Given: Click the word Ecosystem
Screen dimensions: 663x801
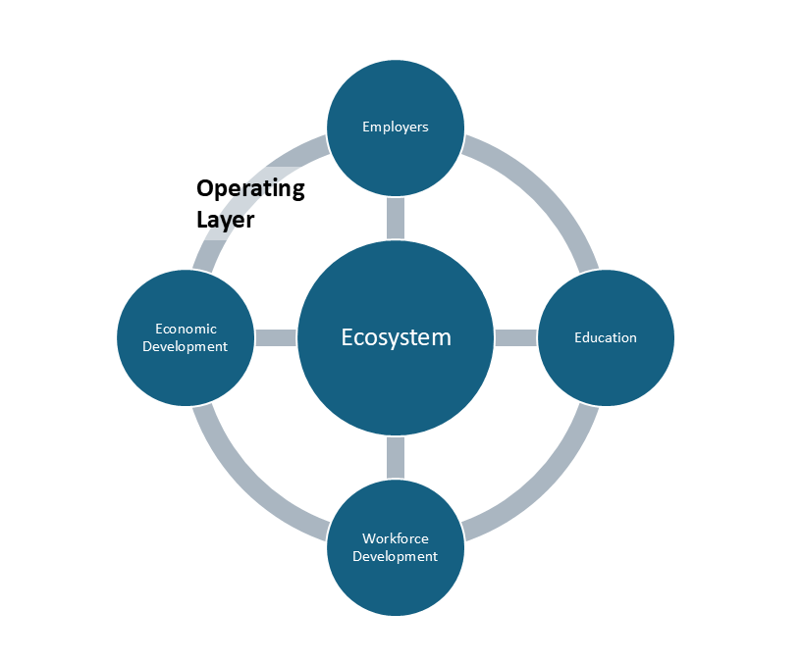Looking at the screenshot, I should pos(396,337).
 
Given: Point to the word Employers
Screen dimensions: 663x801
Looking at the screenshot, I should pos(395,127).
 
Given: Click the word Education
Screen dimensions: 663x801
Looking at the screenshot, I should pos(606,337).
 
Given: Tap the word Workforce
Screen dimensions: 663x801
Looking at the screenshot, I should pos(395,538).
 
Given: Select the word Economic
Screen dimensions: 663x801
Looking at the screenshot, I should pos(186,329).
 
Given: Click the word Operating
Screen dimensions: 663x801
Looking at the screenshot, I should pos(250,188).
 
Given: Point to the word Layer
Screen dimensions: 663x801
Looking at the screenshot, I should pos(225,220).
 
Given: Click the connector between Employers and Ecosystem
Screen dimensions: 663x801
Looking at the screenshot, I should pos(395,218).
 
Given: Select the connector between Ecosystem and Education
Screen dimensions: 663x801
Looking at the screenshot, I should pos(515,337).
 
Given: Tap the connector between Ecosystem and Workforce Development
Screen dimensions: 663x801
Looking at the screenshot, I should pos(395,457).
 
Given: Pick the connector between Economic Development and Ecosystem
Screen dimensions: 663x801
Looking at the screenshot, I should pos(275,337).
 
